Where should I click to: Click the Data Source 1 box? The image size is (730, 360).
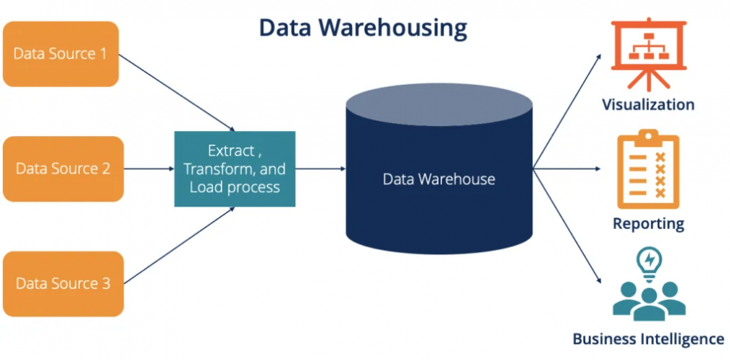[60, 54]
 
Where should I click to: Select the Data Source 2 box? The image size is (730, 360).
[62, 169]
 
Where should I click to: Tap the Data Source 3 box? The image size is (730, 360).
[62, 284]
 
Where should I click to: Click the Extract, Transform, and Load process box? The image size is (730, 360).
[235, 169]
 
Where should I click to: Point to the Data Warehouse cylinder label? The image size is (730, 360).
[438, 179]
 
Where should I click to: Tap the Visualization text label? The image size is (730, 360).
[648, 105]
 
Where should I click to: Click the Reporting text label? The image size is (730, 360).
[648, 223]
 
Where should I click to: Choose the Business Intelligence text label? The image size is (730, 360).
[648, 338]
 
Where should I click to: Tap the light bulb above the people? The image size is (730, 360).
[649, 261]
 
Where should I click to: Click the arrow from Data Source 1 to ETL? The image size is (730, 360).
[176, 91]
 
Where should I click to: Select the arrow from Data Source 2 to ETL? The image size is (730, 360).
[148, 169]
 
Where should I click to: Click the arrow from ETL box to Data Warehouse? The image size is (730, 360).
[320, 169]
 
